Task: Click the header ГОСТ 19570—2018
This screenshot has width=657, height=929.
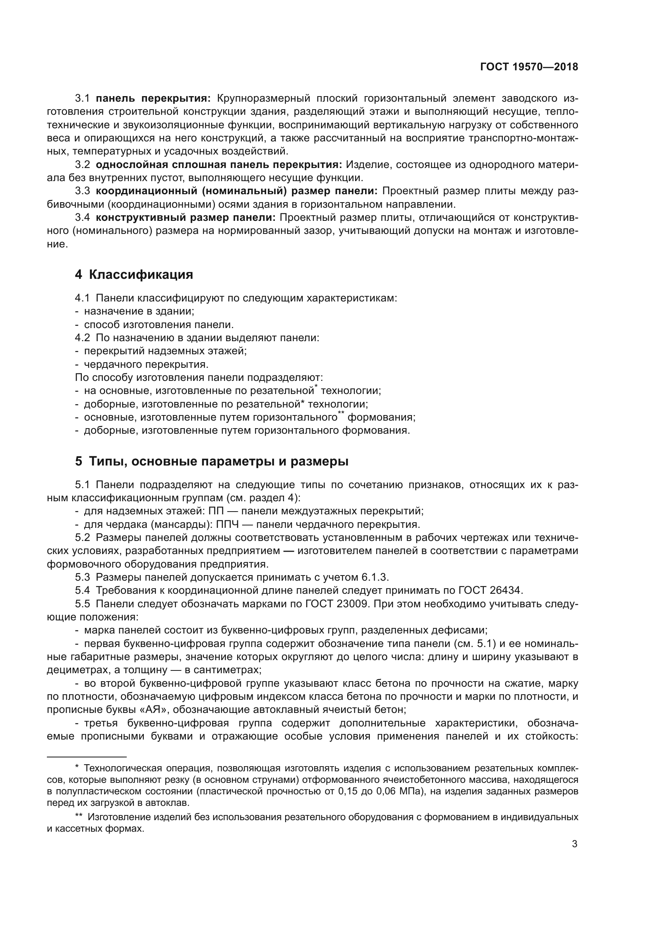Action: click(529, 67)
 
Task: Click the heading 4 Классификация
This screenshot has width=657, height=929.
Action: click(134, 275)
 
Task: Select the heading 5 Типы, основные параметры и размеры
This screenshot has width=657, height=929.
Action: click(212, 461)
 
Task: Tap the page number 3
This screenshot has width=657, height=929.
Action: click(574, 844)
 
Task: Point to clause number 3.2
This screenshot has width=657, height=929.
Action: click(83, 165)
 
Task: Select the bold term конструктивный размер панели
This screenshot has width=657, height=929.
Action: click(186, 218)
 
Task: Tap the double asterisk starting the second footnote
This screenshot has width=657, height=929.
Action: click(79, 817)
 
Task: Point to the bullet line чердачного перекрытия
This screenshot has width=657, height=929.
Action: click(146, 364)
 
